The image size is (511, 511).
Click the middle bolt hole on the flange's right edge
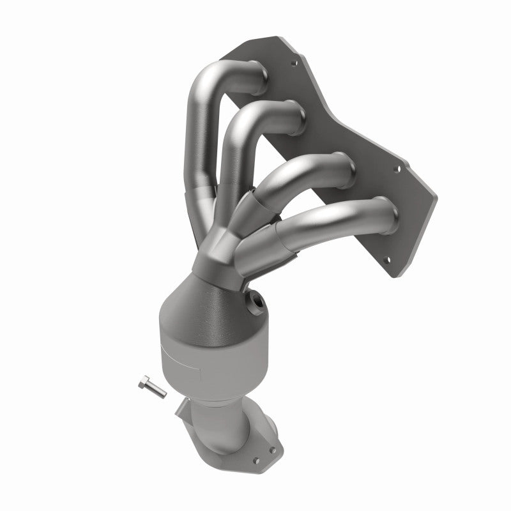(397, 170)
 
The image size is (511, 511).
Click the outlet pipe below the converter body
(224, 422)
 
